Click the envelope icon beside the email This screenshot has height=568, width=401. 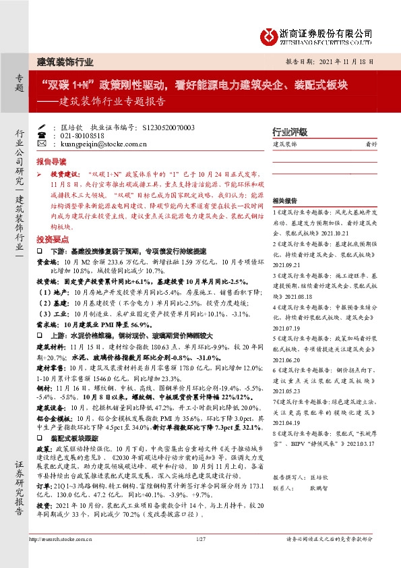pos(42,144)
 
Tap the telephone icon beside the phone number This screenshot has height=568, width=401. pos(42,135)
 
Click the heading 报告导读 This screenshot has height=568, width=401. pos(51,162)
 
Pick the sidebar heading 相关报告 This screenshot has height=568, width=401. pos(285,201)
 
